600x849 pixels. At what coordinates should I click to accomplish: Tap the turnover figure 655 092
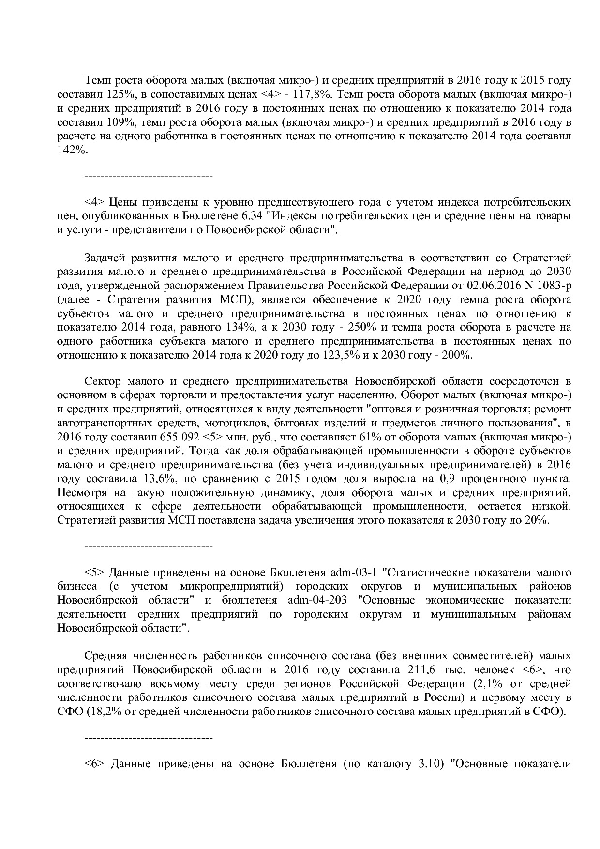[x=176, y=437]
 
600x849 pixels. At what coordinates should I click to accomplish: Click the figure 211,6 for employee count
[x=414, y=670]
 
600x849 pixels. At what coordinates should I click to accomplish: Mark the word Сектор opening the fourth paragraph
[x=100, y=381]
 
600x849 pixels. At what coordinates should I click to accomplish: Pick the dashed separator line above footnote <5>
[x=149, y=547]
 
